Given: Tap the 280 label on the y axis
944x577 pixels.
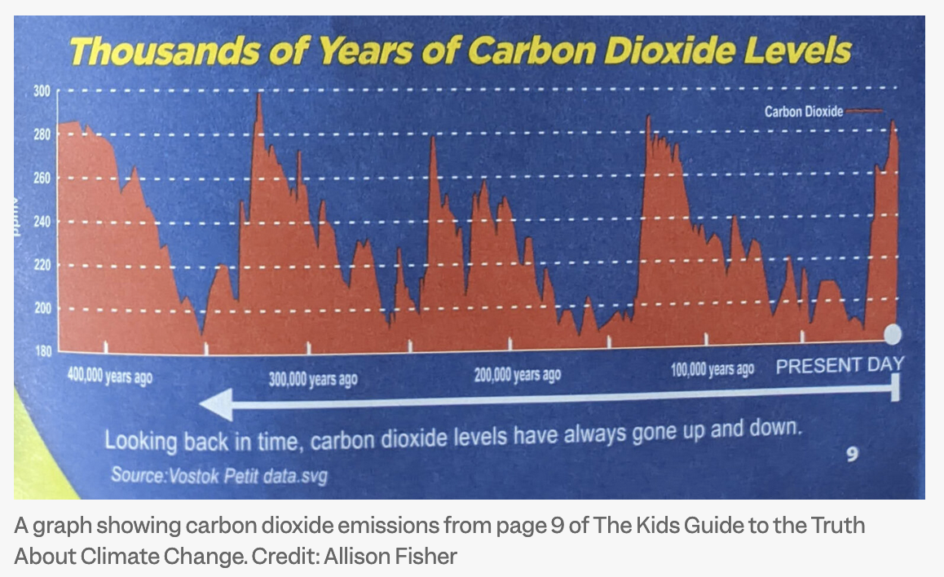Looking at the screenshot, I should tap(42, 134).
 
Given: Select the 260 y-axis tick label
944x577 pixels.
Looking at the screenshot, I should tap(42, 178).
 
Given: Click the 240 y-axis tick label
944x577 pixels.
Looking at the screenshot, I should tap(42, 221).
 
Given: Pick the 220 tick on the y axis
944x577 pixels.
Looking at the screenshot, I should tap(42, 265).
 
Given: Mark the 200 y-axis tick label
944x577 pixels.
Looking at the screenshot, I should tap(42, 308).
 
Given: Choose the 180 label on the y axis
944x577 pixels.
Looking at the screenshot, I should tap(42, 351).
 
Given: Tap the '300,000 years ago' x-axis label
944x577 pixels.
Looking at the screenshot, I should tap(313, 380).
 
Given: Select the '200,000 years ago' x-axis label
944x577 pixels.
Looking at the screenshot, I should tap(517, 375).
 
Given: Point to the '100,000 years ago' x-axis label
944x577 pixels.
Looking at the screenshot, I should tap(712, 369).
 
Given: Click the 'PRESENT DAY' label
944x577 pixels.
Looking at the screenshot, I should tap(840, 364).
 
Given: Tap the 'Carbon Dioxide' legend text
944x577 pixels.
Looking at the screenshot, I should tap(803, 112).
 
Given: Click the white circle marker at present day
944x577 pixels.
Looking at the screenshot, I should tap(893, 333).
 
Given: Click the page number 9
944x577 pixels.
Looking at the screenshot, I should tap(852, 454).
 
